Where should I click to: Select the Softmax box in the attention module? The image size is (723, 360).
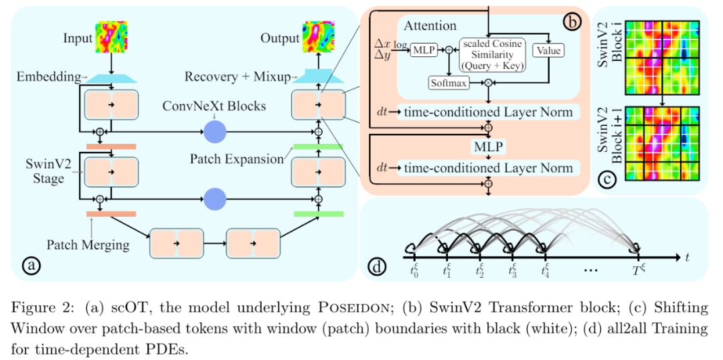point(447,82)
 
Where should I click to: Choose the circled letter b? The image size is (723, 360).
point(572,21)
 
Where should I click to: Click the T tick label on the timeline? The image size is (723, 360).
point(639,271)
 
